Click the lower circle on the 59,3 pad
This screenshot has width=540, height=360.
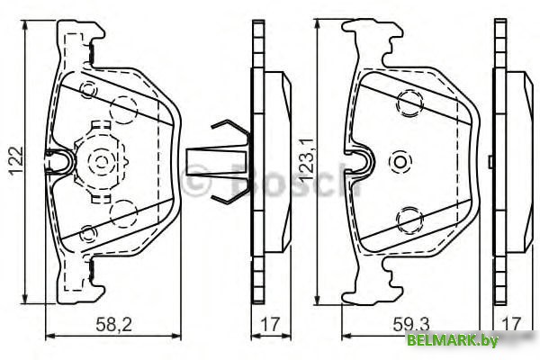tap(409, 217)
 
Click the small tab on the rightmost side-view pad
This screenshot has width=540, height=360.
tap(489, 162)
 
